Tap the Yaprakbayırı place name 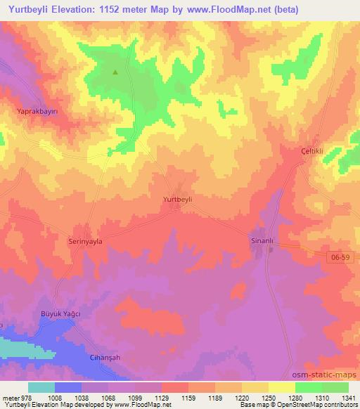36,111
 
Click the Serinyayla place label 85,240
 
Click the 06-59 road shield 339,258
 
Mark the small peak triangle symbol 115,71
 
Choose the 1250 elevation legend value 267,397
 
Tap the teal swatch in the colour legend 41,387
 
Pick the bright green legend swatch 308,387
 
